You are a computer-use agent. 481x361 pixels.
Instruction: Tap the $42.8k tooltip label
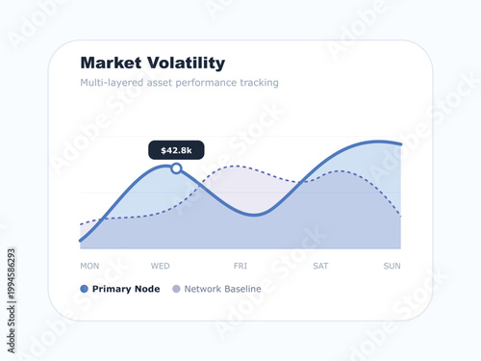[x=176, y=150]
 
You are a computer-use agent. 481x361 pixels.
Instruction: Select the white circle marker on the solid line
[x=176, y=168]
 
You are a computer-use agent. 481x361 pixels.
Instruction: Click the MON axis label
[x=89, y=266]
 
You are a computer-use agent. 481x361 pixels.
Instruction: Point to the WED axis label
[x=161, y=266]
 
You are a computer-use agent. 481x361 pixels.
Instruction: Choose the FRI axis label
[x=240, y=266]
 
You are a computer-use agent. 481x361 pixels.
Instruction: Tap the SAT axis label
[x=321, y=266]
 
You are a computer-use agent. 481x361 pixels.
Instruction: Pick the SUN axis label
[x=392, y=266]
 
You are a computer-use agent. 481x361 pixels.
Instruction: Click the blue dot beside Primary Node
[x=85, y=289]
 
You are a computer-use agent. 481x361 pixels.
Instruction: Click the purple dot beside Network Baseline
[x=176, y=289]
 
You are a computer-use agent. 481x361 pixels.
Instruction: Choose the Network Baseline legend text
[x=222, y=289]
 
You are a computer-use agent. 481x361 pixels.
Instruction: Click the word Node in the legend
[x=146, y=289]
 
